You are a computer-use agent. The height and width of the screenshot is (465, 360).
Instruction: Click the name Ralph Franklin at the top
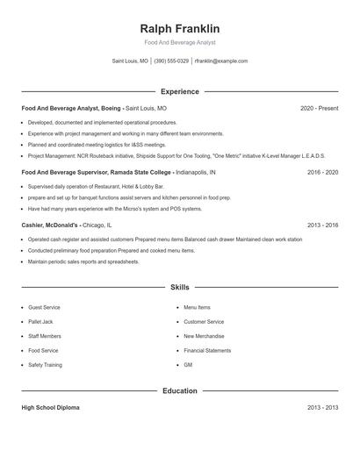tap(179, 28)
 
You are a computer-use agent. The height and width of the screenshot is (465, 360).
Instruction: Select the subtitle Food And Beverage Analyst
tap(179, 42)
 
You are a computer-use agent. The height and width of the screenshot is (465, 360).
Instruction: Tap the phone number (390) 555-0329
tap(171, 61)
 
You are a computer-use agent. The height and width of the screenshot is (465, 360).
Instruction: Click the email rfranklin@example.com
tap(220, 61)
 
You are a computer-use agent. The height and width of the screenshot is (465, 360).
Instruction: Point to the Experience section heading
tap(179, 91)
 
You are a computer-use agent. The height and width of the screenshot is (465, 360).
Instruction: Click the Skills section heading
tap(179, 287)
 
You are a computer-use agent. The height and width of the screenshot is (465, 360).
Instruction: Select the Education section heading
tap(179, 390)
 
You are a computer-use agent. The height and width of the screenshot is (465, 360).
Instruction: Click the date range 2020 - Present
tap(319, 108)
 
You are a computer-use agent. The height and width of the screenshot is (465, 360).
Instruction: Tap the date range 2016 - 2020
tap(322, 173)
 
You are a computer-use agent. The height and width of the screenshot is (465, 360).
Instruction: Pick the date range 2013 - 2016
tap(322, 225)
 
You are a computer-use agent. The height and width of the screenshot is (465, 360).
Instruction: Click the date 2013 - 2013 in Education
tap(322, 408)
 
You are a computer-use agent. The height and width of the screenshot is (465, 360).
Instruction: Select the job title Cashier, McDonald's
tap(50, 225)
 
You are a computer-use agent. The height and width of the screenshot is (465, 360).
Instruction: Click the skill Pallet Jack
tap(41, 322)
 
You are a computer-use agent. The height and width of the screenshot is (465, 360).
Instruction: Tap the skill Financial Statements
tap(207, 350)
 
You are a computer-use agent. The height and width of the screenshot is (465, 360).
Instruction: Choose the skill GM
tap(188, 364)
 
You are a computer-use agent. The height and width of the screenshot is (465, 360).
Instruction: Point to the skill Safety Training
tap(45, 364)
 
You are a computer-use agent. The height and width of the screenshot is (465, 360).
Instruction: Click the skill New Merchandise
tap(204, 336)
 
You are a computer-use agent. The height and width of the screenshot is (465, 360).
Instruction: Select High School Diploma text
tap(50, 408)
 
